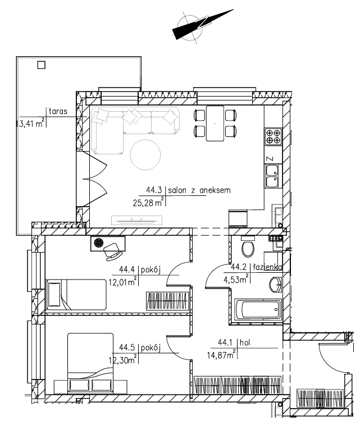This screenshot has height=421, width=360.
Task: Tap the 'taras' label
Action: tap(58, 111)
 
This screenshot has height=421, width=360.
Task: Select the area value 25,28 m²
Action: tap(148, 202)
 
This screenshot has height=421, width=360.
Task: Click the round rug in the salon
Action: tap(145, 154)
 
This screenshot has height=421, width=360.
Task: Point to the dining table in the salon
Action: tap(215, 123)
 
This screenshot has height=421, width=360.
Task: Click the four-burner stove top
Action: tap(273, 136)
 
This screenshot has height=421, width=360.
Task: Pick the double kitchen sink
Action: tap(272, 176)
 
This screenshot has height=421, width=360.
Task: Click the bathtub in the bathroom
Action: tap(258, 309)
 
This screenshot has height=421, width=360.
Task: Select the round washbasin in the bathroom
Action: tap(275, 285)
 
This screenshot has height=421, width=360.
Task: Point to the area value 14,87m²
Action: tap(221, 355)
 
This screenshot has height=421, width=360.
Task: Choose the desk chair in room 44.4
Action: tap(112, 251)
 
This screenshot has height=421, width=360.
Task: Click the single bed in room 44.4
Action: tap(76, 295)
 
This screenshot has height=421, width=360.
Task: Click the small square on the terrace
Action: tap(41, 65)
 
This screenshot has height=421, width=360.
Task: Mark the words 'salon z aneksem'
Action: tap(199, 190)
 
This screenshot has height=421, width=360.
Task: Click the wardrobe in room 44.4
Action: tap(167, 300)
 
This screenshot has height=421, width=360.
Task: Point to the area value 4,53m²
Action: tap(236, 280)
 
